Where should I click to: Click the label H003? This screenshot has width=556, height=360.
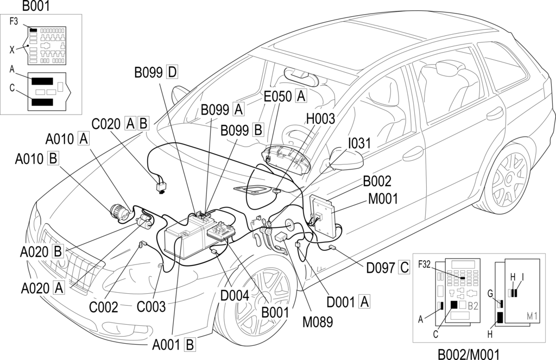[x=320, y=119]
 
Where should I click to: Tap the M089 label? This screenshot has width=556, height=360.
[x=317, y=321]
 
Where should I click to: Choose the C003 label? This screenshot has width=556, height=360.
[x=151, y=307]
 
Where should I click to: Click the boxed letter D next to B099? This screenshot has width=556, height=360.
[x=172, y=72]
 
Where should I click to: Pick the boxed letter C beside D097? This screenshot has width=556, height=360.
[x=404, y=267]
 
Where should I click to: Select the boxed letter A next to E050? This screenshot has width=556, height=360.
[x=301, y=96]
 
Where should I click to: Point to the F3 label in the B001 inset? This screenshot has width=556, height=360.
[x=15, y=22]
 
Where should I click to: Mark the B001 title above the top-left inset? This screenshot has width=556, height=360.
[x=36, y=6]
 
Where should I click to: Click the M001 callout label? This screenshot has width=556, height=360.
[x=383, y=199]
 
